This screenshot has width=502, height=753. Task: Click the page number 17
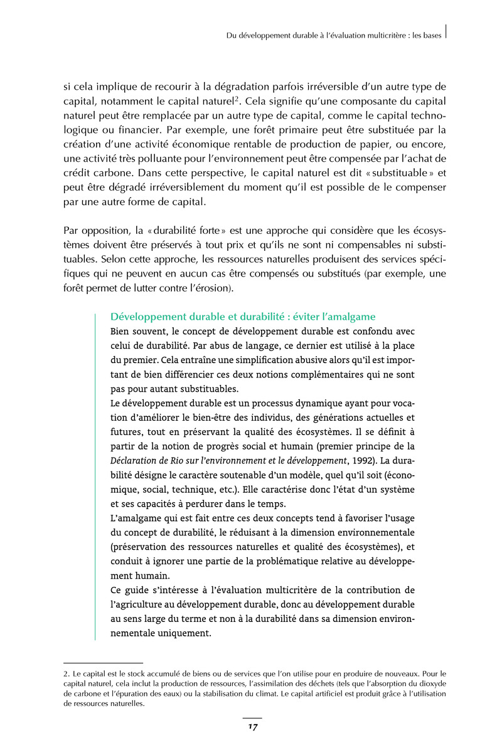pyautogui.click(x=252, y=727)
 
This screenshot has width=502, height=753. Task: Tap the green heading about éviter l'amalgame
pyautogui.click(x=242, y=317)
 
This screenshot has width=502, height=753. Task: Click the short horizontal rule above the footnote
pyautogui.click(x=104, y=662)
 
